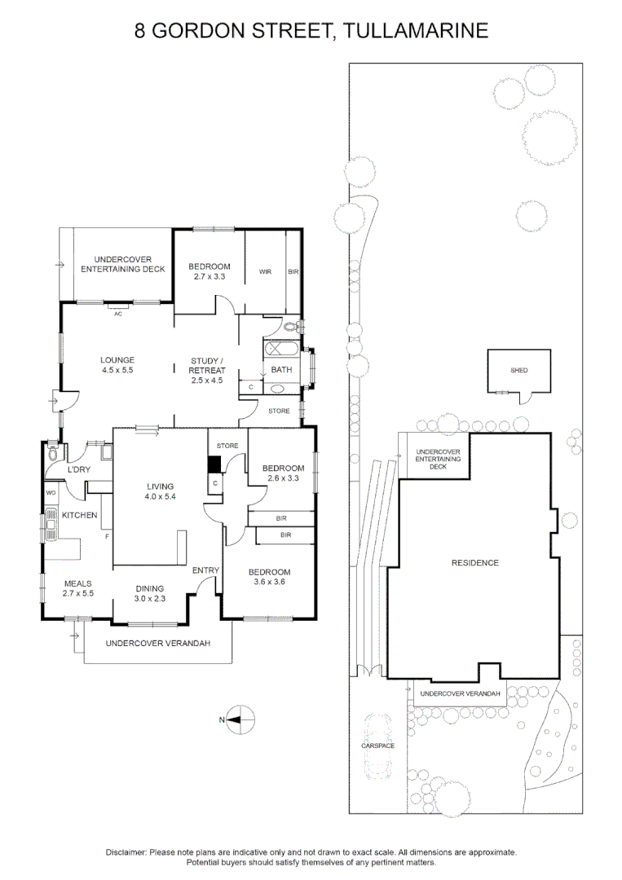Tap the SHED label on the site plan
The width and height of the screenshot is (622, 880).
(x=519, y=370)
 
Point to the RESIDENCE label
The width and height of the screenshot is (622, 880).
(x=475, y=563)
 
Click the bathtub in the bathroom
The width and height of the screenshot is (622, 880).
(x=281, y=351)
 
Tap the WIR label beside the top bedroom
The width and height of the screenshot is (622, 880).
(x=266, y=271)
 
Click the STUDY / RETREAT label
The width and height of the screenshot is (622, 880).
(x=207, y=365)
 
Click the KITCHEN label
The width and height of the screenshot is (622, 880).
(x=81, y=515)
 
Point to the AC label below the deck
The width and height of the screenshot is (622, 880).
(x=118, y=314)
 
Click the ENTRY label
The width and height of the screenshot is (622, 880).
(x=206, y=570)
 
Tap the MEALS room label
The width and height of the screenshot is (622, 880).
(x=78, y=583)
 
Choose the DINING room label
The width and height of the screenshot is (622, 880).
(x=150, y=588)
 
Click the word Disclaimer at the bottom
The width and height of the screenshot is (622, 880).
(x=126, y=851)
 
